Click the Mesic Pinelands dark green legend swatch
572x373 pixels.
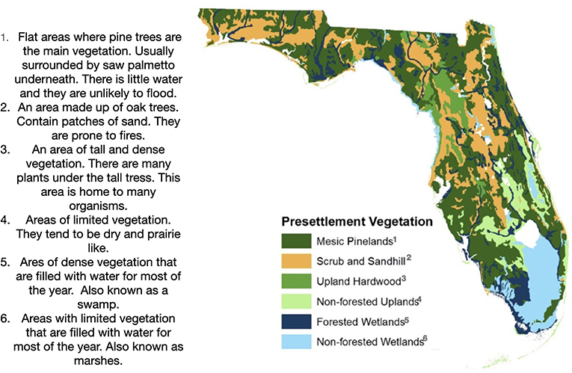coord(296,241)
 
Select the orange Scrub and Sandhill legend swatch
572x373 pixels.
coord(296,261)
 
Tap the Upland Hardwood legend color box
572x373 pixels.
coord(296,281)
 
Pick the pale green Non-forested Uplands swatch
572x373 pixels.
coord(296,301)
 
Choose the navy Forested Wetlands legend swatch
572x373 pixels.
coord(296,321)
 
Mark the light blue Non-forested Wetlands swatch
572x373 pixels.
coord(296,342)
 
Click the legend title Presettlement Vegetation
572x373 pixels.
coord(357,221)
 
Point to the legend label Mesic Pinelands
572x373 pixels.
coord(354,241)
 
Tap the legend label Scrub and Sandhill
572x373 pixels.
coord(361,261)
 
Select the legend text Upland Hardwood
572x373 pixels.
coord(359,282)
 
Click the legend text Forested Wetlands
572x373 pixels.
coord(360,322)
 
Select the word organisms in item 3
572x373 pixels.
coord(98,206)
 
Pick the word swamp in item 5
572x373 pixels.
coord(98,305)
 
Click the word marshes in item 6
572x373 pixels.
coord(98,360)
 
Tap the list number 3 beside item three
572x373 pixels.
coord(4,149)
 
